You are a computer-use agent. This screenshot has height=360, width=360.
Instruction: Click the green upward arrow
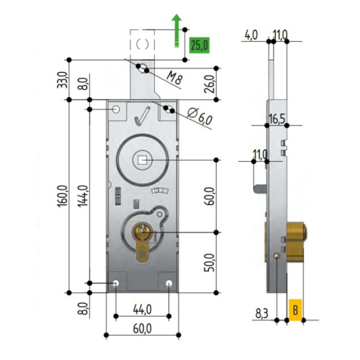[x=177, y=30]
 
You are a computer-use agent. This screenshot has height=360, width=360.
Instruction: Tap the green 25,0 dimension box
[x=199, y=45]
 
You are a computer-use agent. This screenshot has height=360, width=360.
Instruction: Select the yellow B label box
[x=295, y=310]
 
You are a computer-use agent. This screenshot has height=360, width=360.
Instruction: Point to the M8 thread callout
[x=175, y=78]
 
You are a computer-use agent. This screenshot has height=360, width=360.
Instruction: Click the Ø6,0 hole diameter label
[x=199, y=116]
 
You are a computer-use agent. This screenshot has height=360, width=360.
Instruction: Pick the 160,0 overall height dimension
[x=63, y=196]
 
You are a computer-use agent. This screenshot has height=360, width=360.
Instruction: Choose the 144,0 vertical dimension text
[x=83, y=196]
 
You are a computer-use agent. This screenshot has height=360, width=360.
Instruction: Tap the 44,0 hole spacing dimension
[x=143, y=310]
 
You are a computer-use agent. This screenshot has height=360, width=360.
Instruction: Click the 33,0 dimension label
[x=63, y=80]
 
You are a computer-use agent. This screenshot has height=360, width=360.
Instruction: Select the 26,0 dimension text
[x=210, y=84]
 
